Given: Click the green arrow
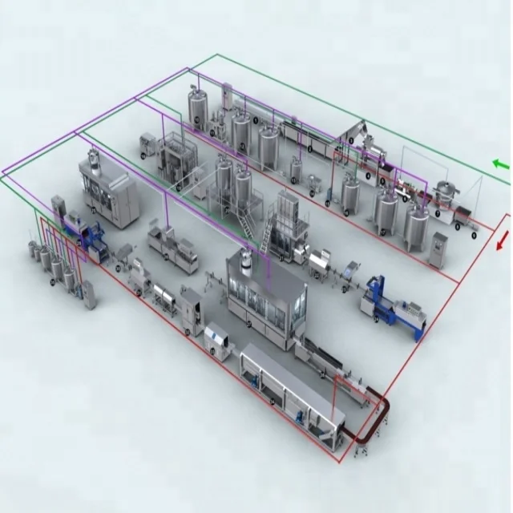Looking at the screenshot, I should coord(500,165).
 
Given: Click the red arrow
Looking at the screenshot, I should coord(503,240).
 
